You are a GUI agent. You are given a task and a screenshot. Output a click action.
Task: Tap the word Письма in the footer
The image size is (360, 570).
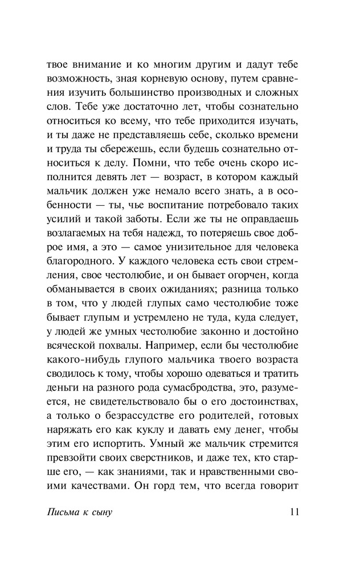pos(62,512)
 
